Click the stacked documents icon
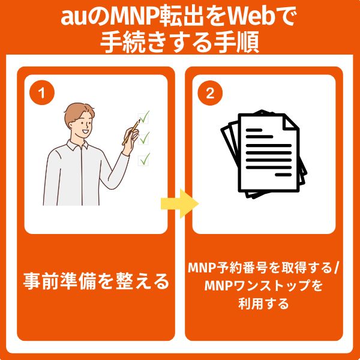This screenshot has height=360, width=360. click(x=263, y=154)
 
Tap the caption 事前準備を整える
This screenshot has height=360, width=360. click(x=96, y=281)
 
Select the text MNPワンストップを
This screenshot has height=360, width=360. click(x=263, y=286)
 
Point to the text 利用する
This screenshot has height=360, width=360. click(x=263, y=304)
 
